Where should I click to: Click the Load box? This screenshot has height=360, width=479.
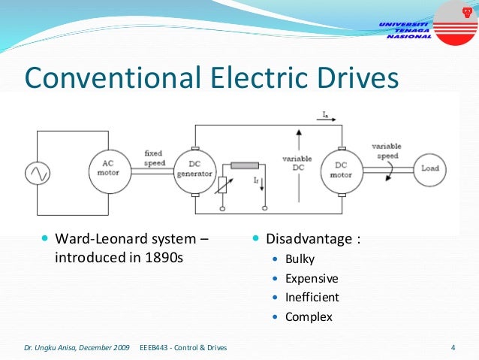(x=429, y=168)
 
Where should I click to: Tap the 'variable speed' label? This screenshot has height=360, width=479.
(x=387, y=150)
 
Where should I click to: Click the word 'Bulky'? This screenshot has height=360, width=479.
(x=300, y=259)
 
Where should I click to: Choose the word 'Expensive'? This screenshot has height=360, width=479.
(x=312, y=278)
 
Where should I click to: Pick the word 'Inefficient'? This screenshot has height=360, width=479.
(x=312, y=297)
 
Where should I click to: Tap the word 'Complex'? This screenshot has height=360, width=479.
(x=309, y=316)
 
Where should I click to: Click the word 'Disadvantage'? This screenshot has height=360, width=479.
(x=309, y=239)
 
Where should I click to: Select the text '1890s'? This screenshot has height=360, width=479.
(x=164, y=259)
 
